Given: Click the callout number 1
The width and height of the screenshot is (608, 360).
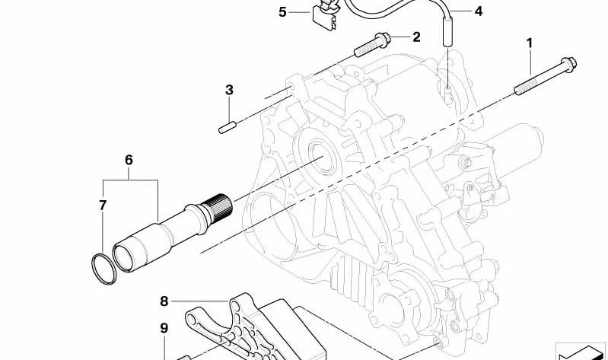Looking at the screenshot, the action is [530, 43].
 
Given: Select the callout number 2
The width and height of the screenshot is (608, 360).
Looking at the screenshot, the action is [416, 37].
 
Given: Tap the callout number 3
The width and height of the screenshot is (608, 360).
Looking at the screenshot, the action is [229, 90].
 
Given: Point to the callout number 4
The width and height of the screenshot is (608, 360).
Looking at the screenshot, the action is [479, 11].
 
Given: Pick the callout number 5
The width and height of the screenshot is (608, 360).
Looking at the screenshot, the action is [282, 12].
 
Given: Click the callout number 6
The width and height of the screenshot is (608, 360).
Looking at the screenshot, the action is [129, 160].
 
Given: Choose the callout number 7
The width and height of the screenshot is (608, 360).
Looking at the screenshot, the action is [103, 205].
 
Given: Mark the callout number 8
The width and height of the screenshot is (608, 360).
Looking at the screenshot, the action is [164, 301].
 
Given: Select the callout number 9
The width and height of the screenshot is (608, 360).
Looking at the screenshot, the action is [164, 328].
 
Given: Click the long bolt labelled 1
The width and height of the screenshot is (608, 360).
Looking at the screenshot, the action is [545, 76].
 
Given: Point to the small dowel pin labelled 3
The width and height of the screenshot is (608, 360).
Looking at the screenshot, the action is [228, 128].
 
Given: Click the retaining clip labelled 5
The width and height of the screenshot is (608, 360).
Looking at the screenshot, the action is [323, 14].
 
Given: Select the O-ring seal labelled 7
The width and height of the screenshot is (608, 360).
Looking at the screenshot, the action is [104, 269].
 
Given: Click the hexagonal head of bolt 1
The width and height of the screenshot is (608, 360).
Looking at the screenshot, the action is [569, 64].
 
